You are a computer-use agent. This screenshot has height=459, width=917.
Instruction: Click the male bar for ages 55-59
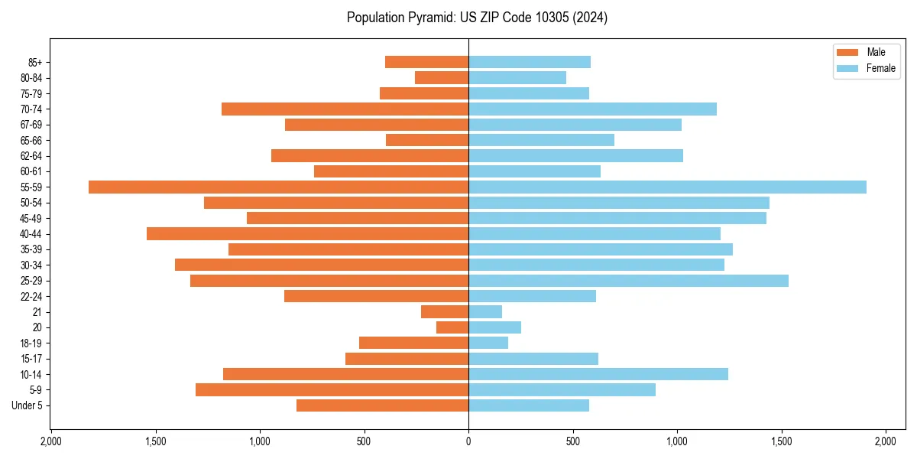(x=278, y=187)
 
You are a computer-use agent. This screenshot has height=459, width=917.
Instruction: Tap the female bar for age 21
(x=485, y=312)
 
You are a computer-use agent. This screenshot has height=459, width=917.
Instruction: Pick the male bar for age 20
(x=452, y=327)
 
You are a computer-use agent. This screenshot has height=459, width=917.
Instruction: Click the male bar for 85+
(x=426, y=62)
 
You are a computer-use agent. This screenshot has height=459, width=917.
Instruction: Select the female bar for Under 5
(x=529, y=405)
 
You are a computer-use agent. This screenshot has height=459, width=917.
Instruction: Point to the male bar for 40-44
(x=307, y=234)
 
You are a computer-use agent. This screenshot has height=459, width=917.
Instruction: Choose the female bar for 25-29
(x=628, y=281)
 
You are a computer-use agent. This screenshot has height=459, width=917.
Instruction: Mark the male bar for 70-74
(x=345, y=109)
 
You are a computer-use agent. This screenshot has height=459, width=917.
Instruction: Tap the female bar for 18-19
(x=488, y=343)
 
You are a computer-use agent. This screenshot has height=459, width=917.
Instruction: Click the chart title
(x=477, y=18)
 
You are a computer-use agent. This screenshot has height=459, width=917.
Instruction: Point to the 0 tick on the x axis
(x=468, y=442)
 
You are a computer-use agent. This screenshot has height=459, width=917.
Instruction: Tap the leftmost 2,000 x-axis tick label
(x=50, y=442)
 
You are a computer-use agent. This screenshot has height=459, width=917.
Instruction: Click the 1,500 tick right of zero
(x=781, y=442)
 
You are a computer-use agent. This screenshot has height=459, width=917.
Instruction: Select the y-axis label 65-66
(x=31, y=141)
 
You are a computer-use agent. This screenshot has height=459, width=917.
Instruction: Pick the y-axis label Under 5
(x=27, y=405)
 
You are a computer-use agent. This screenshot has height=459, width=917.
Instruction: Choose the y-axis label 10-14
(x=31, y=375)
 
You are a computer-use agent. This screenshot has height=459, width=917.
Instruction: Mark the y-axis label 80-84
(x=31, y=78)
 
